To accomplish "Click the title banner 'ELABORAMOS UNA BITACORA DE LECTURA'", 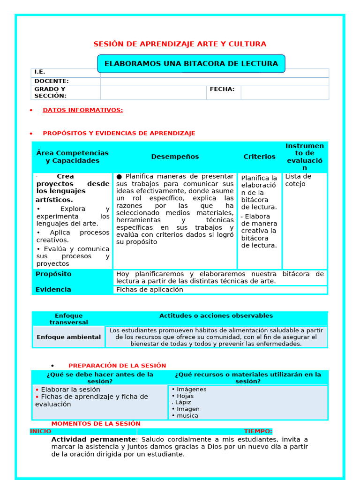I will click(x=191, y=64).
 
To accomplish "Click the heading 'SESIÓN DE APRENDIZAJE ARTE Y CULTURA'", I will click(x=180, y=44).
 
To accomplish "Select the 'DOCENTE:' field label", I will click(x=52, y=81).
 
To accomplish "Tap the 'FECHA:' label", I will click(x=222, y=89).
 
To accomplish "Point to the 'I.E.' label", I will click(x=40, y=72).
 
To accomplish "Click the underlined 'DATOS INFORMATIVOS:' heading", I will click(x=82, y=110).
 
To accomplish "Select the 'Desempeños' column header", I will click(x=175, y=157).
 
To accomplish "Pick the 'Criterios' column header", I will click(x=259, y=157).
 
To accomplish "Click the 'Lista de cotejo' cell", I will click(x=298, y=180).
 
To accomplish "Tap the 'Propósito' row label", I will click(x=53, y=274).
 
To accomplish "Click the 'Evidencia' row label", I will click(x=53, y=290).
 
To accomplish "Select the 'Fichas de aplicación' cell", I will click(x=150, y=290).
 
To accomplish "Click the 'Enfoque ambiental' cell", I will click(x=68, y=337).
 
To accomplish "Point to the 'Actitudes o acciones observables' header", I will click(x=216, y=316).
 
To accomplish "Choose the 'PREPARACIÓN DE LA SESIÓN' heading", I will click(x=117, y=366).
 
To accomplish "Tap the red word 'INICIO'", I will click(x=41, y=431).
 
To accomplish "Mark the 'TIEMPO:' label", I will click(x=258, y=431).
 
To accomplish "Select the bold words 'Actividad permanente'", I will click(x=93, y=439).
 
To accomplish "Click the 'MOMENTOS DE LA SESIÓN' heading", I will click(x=96, y=423).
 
